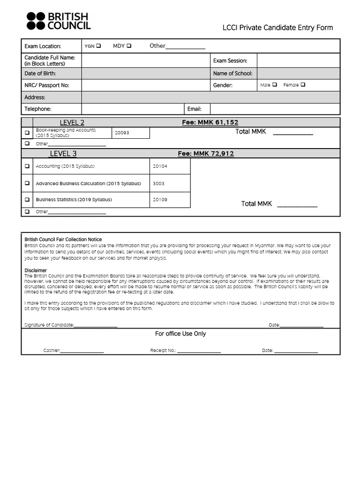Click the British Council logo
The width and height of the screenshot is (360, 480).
(x=58, y=21)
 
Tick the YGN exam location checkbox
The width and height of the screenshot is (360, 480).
(x=98, y=46)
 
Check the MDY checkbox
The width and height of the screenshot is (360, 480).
(x=129, y=46)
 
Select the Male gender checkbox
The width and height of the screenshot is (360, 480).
(x=274, y=85)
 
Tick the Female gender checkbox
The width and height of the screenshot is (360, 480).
(x=303, y=85)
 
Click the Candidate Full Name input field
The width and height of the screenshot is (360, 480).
(x=145, y=60)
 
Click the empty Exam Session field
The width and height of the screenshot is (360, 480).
(x=298, y=60)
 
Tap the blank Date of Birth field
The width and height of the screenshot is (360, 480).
(x=145, y=73)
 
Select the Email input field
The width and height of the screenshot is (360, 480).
(x=275, y=109)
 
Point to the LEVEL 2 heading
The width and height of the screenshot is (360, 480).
(x=72, y=123)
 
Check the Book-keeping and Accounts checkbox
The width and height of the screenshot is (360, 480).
(x=27, y=133)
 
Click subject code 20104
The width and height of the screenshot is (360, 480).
(x=160, y=166)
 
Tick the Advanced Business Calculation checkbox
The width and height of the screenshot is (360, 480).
(x=27, y=183)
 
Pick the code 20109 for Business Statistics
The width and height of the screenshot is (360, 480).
(x=160, y=200)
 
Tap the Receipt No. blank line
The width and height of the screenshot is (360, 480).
(x=199, y=351)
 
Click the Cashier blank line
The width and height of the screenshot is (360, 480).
(x=82, y=351)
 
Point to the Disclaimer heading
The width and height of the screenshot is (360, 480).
(x=36, y=270)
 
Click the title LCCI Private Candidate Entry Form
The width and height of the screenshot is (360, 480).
(x=277, y=28)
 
